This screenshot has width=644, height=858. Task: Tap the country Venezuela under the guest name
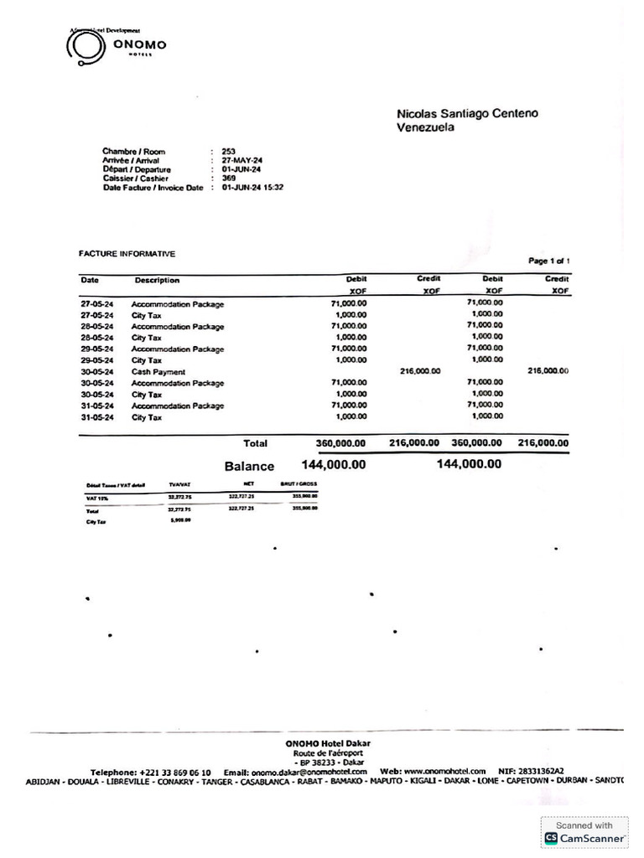point(425,127)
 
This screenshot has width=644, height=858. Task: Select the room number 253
point(229,152)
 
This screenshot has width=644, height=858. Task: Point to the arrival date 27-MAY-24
point(241,161)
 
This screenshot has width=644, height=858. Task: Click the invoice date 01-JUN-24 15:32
point(252,188)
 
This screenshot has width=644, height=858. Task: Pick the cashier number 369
point(229,178)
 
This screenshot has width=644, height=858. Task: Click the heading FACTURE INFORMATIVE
point(127,253)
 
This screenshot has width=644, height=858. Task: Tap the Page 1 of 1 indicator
point(549,261)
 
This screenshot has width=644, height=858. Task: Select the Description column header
point(157,280)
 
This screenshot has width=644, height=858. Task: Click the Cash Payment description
point(158,371)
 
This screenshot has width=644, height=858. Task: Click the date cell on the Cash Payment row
point(97,371)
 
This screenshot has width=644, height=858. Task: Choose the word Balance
point(249,466)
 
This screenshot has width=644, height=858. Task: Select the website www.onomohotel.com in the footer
point(444,772)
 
